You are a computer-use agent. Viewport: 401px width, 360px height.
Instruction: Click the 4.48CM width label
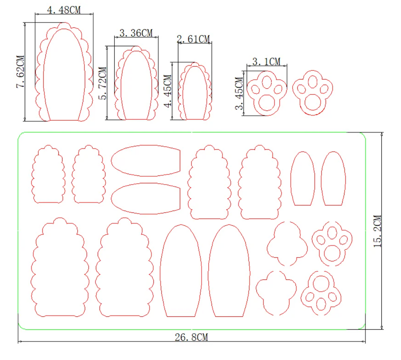[63, 10]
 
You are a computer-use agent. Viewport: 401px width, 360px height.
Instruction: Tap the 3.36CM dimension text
[136, 33]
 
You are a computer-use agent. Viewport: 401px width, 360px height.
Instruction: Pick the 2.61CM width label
[193, 39]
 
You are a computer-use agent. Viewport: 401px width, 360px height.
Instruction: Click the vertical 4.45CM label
[168, 91]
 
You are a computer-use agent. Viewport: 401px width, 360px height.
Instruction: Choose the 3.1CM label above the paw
[266, 61]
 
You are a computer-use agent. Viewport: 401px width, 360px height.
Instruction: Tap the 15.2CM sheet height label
[378, 231]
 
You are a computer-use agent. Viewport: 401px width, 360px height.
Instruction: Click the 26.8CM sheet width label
[191, 337]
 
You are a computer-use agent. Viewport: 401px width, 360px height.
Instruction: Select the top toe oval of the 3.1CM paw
[267, 81]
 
